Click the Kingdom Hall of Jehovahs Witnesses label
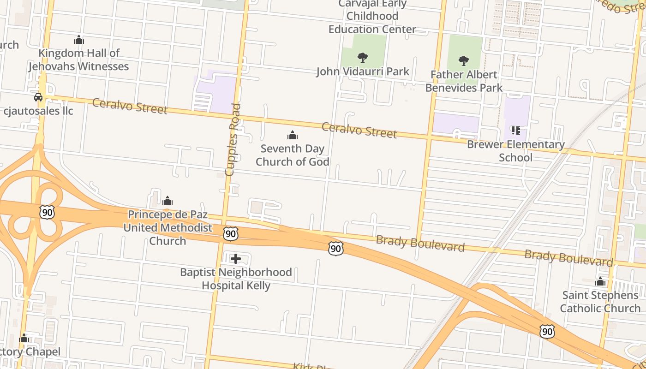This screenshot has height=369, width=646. pyautogui.click(x=78, y=60)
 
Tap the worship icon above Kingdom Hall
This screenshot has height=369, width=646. pyautogui.click(x=79, y=40)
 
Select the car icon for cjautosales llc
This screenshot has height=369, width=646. pyautogui.click(x=38, y=97)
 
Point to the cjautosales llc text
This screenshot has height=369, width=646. pyautogui.click(x=38, y=111)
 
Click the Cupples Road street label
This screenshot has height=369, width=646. pyautogui.click(x=233, y=140)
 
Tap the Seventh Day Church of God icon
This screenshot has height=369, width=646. pyautogui.click(x=292, y=135)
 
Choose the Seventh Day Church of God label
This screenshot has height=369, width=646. pyautogui.click(x=293, y=155)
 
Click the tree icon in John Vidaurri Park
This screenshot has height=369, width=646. pyautogui.click(x=363, y=58)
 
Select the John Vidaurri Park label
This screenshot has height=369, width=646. pyautogui.click(x=363, y=71)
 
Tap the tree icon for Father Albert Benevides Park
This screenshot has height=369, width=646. pyautogui.click(x=464, y=61)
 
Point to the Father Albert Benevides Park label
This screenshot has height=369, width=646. pyautogui.click(x=464, y=81)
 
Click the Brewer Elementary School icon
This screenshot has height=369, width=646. pyautogui.click(x=515, y=131)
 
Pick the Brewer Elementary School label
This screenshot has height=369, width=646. pyautogui.click(x=515, y=151)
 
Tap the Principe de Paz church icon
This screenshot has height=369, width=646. pyautogui.click(x=167, y=201)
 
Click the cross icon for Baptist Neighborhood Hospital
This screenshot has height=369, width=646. pyautogui.click(x=236, y=259)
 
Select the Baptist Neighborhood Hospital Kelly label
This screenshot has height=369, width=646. pyautogui.click(x=236, y=279)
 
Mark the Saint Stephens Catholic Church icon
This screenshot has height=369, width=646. pyautogui.click(x=600, y=281)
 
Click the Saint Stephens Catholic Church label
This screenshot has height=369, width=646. pyautogui.click(x=600, y=302)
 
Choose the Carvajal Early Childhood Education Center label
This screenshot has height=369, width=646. pyautogui.click(x=372, y=17)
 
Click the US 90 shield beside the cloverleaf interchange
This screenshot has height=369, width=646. pyautogui.click(x=47, y=212)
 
